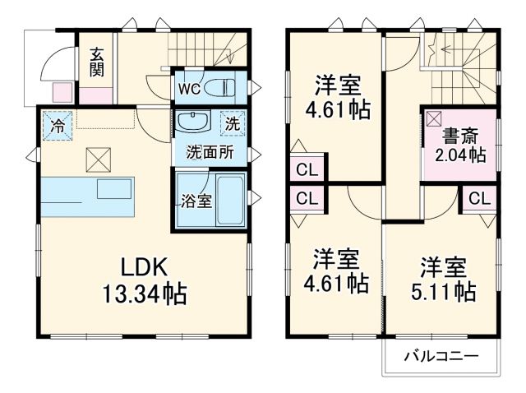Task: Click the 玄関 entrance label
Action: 97,61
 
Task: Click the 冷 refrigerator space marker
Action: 58,126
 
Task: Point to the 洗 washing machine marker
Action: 232,126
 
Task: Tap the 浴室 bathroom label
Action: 197,199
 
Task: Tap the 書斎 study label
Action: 459,136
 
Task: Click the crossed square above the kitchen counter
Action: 97,157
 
